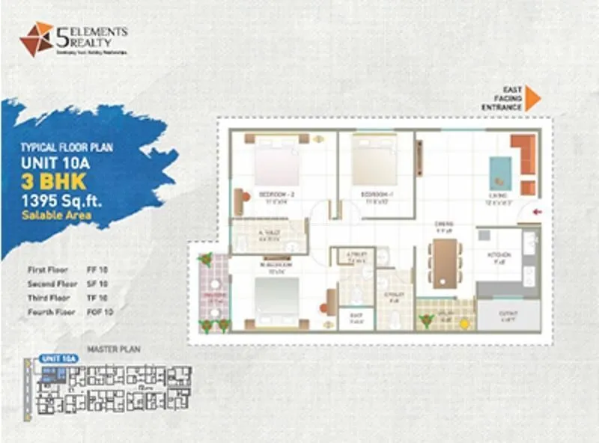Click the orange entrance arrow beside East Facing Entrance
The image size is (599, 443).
pyautogui.click(x=532, y=98)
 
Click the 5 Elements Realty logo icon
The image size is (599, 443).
pyautogui.click(x=36, y=39)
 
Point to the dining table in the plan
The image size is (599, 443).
pyautogui.click(x=445, y=263)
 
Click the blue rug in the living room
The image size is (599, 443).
pyautogui.click(x=500, y=173)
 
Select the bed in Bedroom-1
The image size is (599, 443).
pyautogui.click(x=374, y=163)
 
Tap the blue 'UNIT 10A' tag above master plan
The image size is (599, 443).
pyautogui.click(x=59, y=358)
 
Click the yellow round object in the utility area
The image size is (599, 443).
pyautogui.click(x=464, y=323)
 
